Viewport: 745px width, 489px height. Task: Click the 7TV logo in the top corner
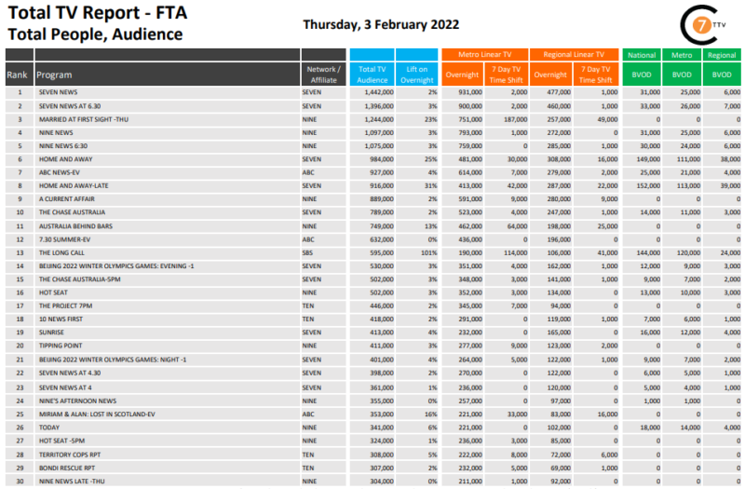tap(699, 24)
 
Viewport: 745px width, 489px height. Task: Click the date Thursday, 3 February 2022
tap(381, 24)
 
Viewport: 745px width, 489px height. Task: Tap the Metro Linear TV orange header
tap(484, 55)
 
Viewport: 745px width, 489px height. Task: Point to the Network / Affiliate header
tap(324, 75)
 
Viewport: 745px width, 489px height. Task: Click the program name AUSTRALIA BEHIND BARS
tap(77, 226)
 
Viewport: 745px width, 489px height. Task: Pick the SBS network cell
tap(309, 253)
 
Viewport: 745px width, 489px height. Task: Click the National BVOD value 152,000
tap(644, 186)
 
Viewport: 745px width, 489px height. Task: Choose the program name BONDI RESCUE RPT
tap(69, 467)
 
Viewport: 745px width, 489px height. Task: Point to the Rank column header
tap(17, 75)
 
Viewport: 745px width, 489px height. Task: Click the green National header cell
tap(642, 55)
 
